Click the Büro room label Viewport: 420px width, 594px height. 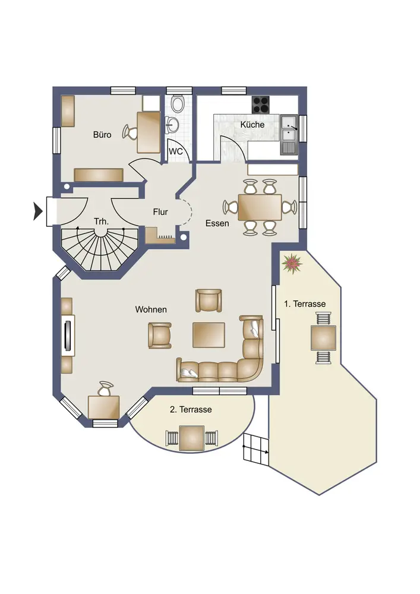102,135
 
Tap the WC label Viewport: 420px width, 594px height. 175,151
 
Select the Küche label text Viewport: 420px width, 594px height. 252,125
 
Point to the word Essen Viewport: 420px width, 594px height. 217,223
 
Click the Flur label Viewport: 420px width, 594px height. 160,212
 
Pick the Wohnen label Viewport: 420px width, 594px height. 151,309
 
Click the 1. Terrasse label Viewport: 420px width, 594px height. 305,304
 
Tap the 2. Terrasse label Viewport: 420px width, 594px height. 191,409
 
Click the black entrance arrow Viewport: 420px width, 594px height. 37,211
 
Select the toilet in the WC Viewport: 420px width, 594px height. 177,103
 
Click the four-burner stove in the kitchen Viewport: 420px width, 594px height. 261,105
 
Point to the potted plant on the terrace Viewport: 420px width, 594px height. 292,264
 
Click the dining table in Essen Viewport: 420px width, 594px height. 260,207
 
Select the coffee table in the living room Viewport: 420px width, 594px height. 209,335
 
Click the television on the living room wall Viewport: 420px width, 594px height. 68,335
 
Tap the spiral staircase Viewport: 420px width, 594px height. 100,248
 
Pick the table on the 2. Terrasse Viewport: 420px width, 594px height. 192,438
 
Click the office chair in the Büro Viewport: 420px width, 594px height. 130,132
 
